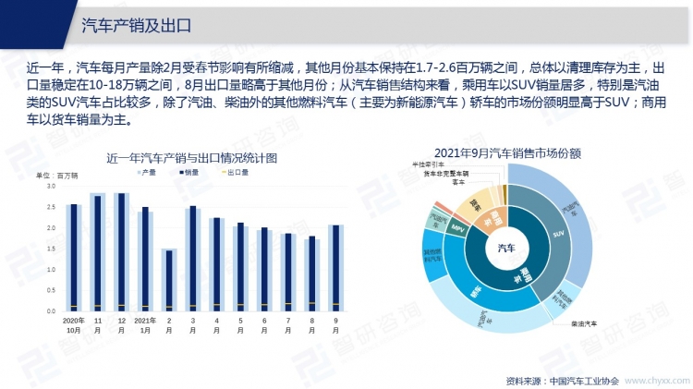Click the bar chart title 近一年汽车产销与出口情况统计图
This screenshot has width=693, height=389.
191,157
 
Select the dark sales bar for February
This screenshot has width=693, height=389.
168,280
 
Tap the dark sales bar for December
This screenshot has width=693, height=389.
121,251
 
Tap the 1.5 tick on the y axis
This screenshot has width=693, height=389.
51,249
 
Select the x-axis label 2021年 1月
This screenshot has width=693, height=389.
144,323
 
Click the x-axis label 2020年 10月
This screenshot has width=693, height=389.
73,323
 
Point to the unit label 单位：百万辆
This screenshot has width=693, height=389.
57,174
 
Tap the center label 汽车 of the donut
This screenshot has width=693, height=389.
507,247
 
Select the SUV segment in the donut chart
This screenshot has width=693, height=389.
557,236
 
